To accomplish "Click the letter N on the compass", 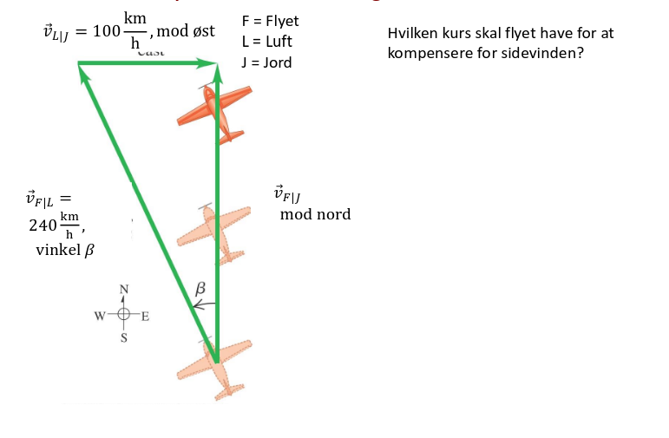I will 123,289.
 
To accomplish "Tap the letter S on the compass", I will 123,338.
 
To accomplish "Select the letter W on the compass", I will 101,315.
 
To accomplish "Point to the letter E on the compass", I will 145,315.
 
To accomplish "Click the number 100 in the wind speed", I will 106,32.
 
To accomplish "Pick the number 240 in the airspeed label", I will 42,225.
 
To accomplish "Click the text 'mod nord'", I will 315,214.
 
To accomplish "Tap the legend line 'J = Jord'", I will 266,62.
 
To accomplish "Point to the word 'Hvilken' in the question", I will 412,33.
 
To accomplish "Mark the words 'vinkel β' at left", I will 64,251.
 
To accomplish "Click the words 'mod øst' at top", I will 186,31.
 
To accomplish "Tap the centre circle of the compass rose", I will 123,315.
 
